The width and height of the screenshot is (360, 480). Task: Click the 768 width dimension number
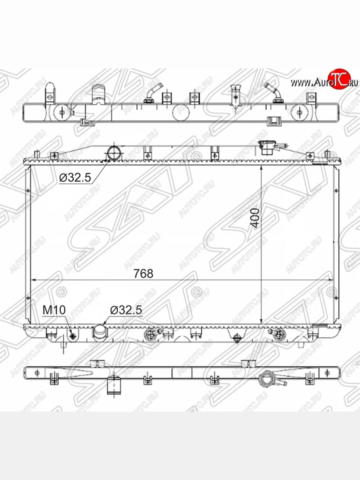point(143,274)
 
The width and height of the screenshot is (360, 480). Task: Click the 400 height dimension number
point(255,218)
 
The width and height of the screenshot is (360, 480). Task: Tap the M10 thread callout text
point(54,310)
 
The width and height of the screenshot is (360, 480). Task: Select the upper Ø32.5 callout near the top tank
point(75,177)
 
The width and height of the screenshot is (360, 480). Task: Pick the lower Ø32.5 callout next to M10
point(126,310)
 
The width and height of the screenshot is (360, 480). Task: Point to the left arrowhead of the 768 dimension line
point(34,280)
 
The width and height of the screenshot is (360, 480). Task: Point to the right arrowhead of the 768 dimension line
point(331,280)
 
